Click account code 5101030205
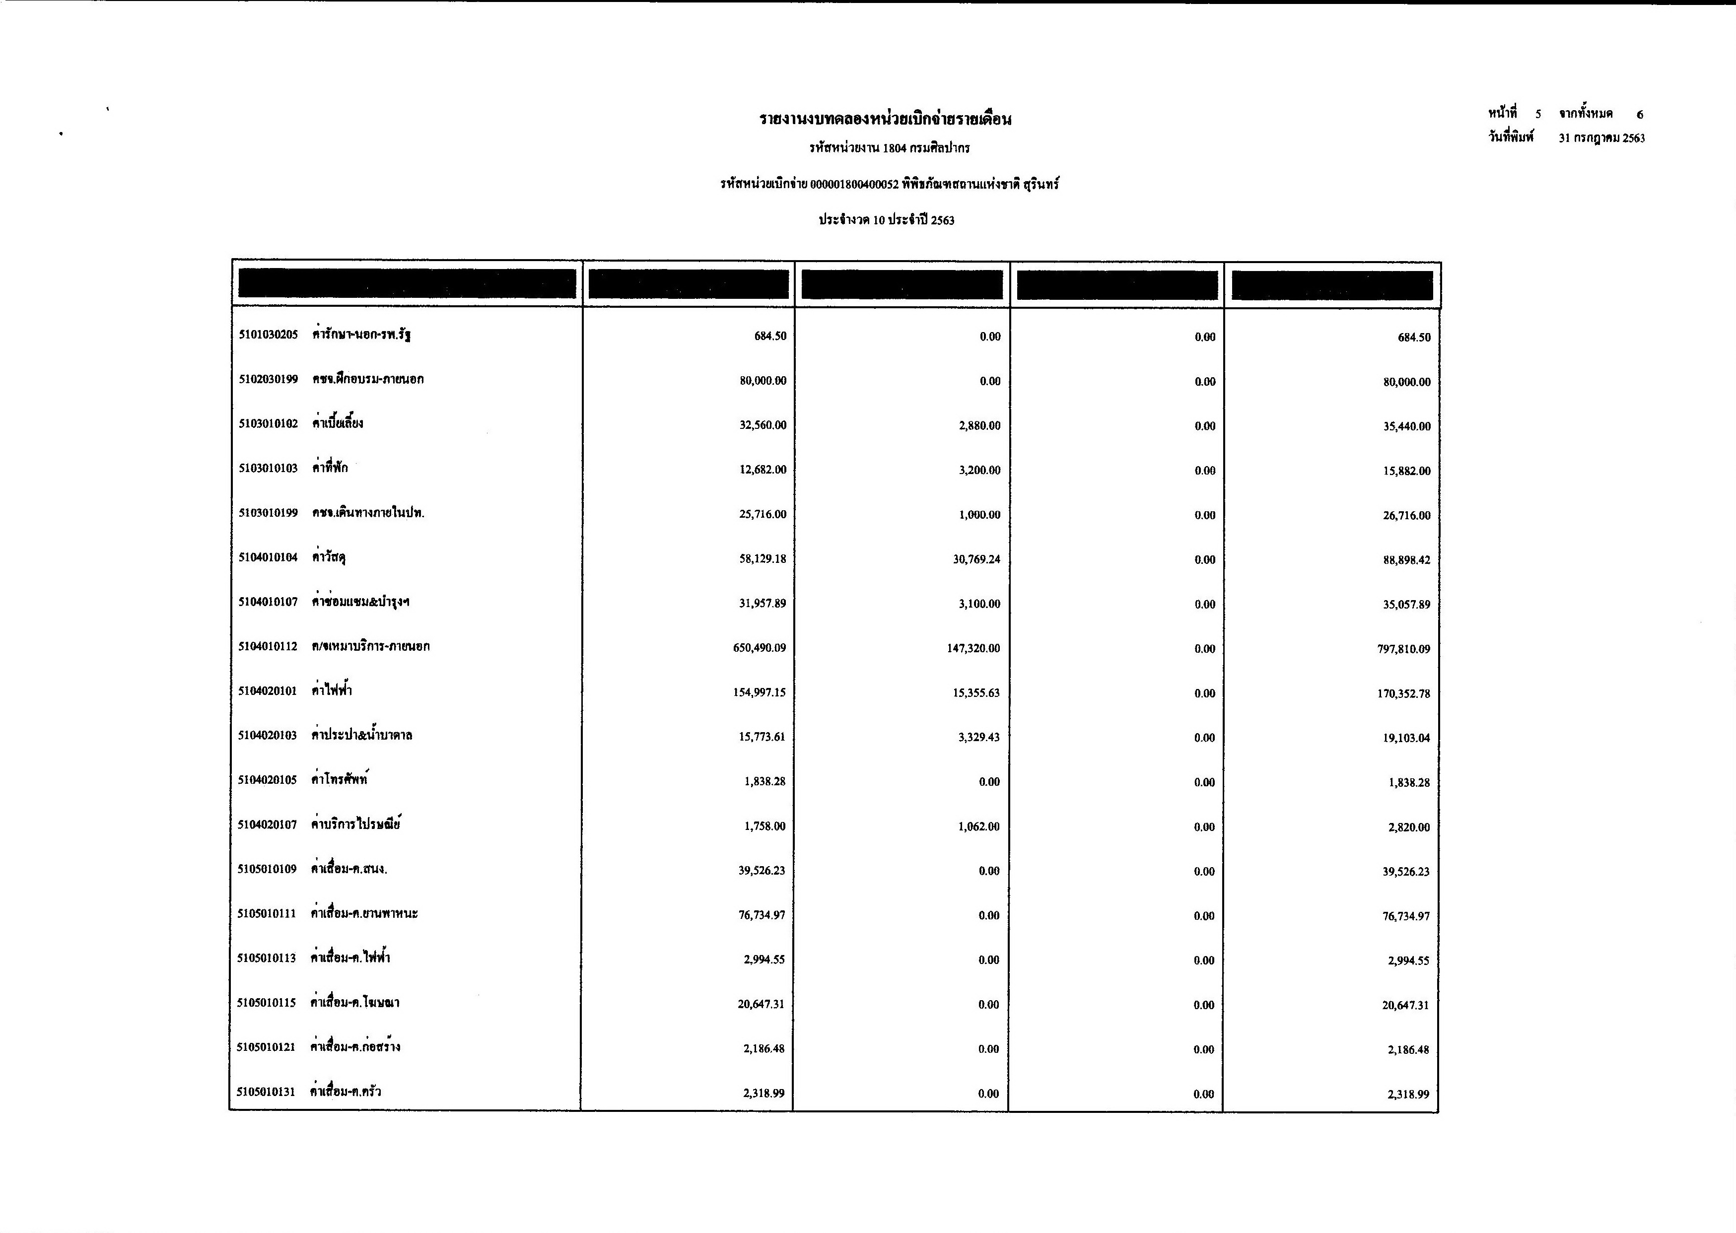pyautogui.click(x=268, y=336)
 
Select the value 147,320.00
pyautogui.click(x=973, y=648)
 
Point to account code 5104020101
pyautogui.click(x=267, y=691)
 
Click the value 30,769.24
pyautogui.click(x=976, y=559)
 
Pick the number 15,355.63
pyautogui.click(x=976, y=693)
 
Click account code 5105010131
pyautogui.click(x=266, y=1093)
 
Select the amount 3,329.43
pyautogui.click(x=979, y=737)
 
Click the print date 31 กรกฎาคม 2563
pyautogui.click(x=1601, y=138)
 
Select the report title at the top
pyautogui.click(x=886, y=119)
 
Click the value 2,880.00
pyautogui.click(x=979, y=426)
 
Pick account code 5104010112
pyautogui.click(x=267, y=647)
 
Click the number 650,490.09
pyautogui.click(x=760, y=648)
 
